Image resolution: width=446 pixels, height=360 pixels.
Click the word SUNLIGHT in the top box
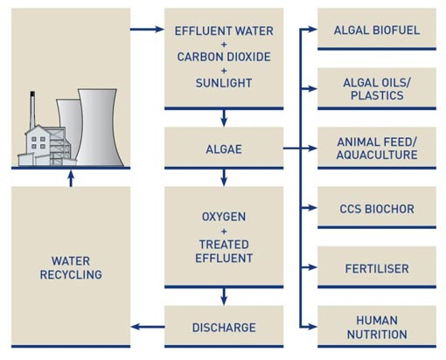click(x=224, y=83)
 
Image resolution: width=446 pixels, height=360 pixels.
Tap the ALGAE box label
click(x=224, y=149)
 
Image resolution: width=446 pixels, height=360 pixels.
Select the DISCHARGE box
click(x=224, y=327)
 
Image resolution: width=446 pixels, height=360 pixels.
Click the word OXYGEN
click(x=224, y=217)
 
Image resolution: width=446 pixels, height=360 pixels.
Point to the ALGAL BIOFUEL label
click(x=377, y=30)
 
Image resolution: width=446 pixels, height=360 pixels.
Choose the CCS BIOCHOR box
click(x=377, y=208)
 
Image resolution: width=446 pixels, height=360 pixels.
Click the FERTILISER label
click(x=377, y=268)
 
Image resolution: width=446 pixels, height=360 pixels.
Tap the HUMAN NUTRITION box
click(x=377, y=327)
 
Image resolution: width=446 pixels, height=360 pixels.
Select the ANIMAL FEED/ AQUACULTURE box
click(x=377, y=148)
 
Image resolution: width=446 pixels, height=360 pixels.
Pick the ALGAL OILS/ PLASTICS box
click(x=377, y=88)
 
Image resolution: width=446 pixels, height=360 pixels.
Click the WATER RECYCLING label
click(x=71, y=267)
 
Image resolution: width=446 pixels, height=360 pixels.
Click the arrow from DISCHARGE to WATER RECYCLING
click(x=148, y=327)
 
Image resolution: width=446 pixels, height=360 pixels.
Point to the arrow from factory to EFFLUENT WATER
click(x=147, y=29)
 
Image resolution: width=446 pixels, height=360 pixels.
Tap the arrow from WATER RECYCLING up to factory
click(x=71, y=178)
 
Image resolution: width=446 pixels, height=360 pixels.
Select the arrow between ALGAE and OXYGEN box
click(x=224, y=177)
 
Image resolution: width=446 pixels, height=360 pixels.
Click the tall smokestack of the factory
click(x=32, y=109)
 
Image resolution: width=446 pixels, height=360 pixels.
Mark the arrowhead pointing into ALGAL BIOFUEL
click(x=313, y=29)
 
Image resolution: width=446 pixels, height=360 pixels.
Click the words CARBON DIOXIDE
click(x=224, y=57)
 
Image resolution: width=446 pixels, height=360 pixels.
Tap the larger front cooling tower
click(x=99, y=128)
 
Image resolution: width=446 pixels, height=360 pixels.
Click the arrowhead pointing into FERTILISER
click(x=313, y=267)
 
